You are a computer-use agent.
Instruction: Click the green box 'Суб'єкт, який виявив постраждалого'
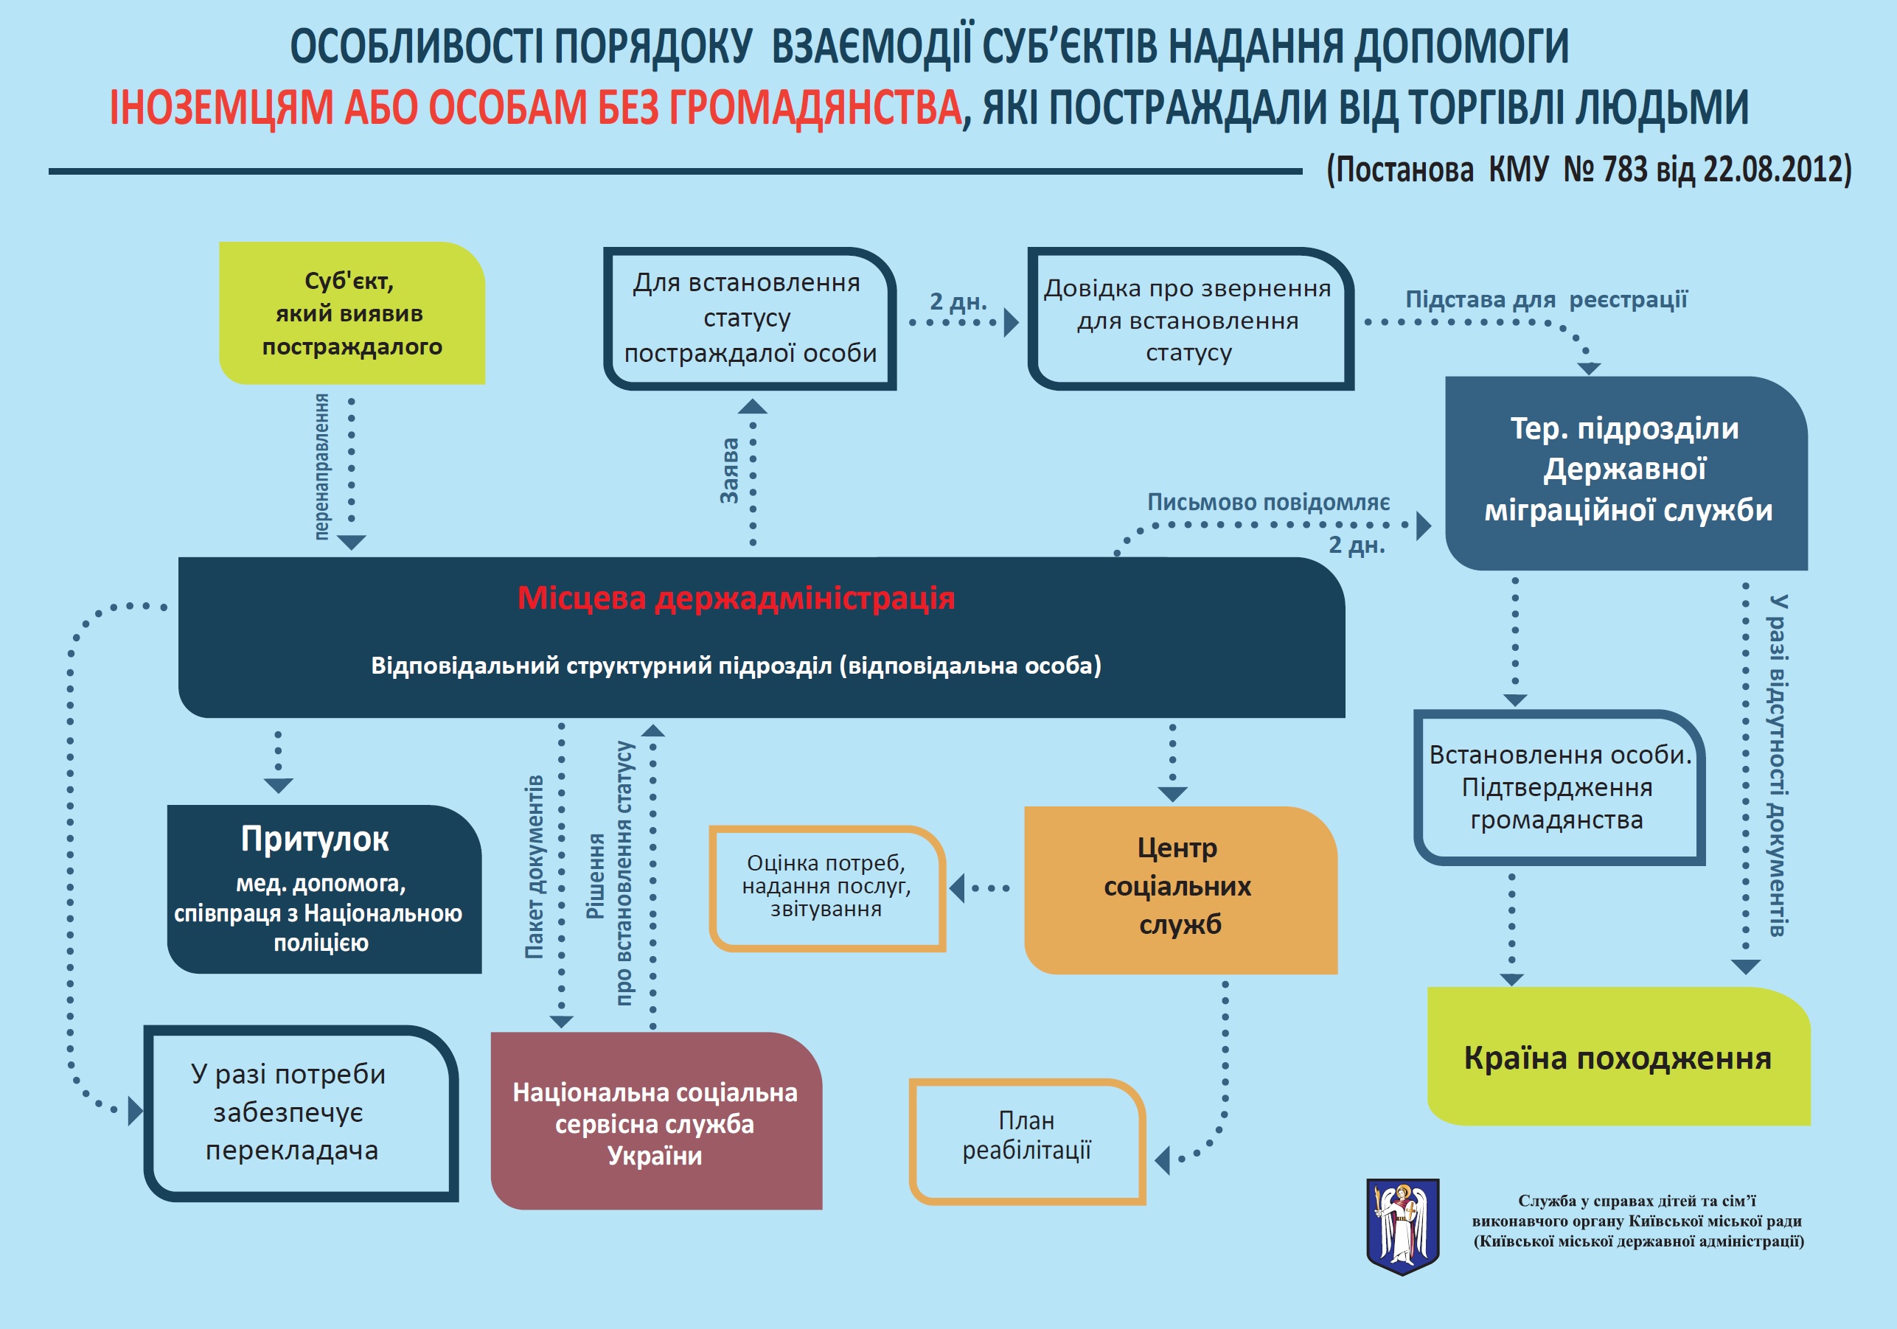(x=352, y=313)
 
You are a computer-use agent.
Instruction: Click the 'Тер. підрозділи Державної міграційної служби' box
(x=1626, y=473)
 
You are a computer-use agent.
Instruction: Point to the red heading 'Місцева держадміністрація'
(x=736, y=598)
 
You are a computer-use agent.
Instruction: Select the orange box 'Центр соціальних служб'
(x=1180, y=890)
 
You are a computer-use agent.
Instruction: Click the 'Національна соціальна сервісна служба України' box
(x=657, y=1121)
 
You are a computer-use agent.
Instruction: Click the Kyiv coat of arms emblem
(x=1403, y=1227)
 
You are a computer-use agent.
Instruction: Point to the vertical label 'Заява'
(x=730, y=471)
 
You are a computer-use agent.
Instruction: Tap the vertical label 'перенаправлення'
(x=321, y=467)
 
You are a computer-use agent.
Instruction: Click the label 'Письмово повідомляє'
(x=1268, y=502)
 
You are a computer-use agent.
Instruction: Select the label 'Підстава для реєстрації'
(x=1547, y=299)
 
